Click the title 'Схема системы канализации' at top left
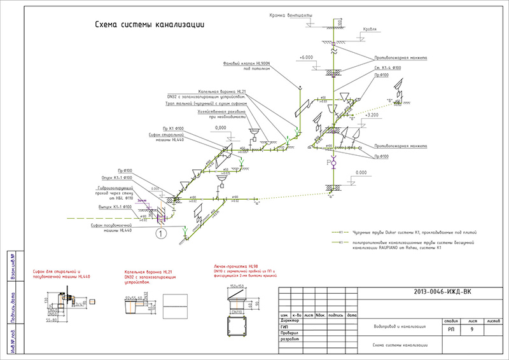point(149,25)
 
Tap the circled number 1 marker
point(162,234)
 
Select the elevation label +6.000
point(308,57)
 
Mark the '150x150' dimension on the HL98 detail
point(236,286)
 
